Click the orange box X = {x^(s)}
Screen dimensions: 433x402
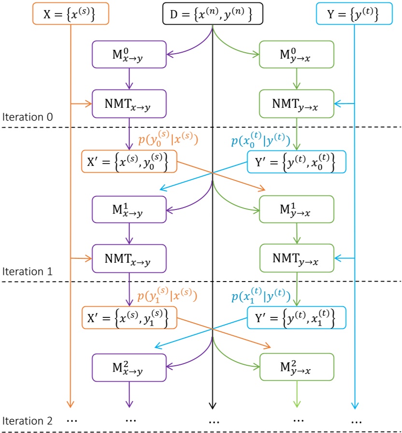(x=71, y=13)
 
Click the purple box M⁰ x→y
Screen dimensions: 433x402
(x=129, y=53)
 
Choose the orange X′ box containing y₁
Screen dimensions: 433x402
(x=129, y=318)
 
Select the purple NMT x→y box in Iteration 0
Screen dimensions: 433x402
(x=129, y=103)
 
